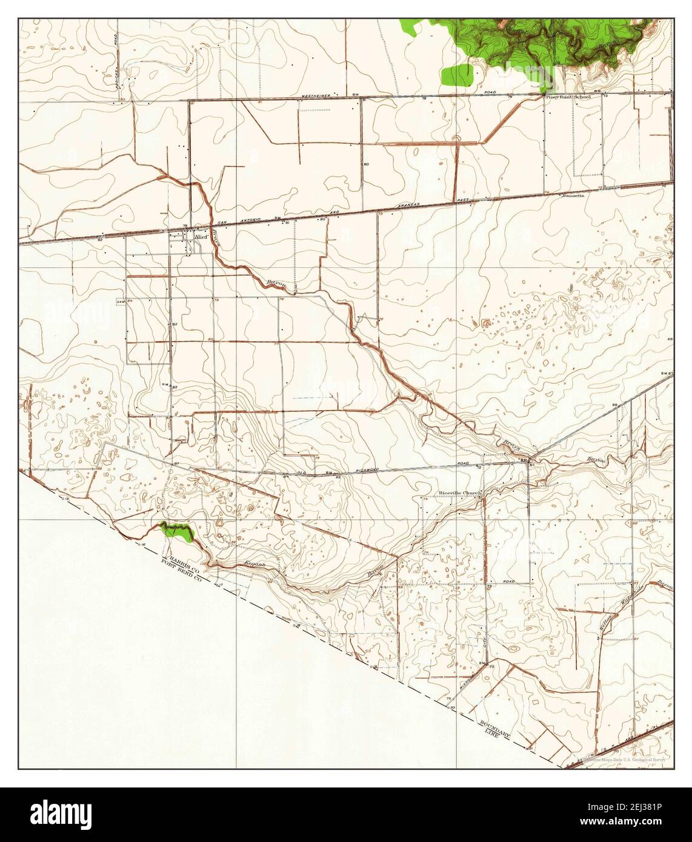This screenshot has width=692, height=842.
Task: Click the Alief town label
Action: click(201, 237)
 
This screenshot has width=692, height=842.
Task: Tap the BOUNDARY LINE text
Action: click(495, 729)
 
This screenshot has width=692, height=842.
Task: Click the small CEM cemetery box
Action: click(121, 301)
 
